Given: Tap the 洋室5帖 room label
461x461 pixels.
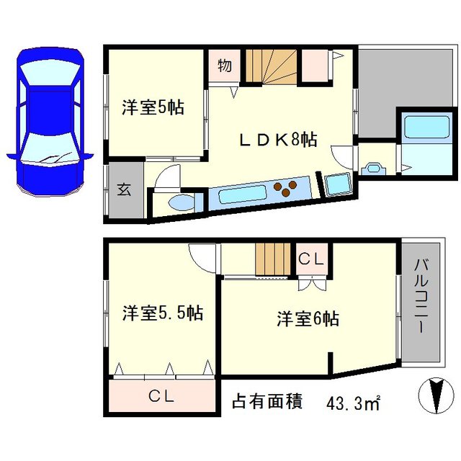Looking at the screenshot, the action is pos(153,107).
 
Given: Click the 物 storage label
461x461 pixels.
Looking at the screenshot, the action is pos(225,66).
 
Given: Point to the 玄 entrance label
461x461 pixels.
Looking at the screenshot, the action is pos(124,189).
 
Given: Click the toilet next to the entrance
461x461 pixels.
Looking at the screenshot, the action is pos(180,202).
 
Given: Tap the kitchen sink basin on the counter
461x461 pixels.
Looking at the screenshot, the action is pos(243,196).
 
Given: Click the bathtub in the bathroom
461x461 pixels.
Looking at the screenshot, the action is pos(427,126).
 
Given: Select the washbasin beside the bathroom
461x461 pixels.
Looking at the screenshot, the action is pos(374,169).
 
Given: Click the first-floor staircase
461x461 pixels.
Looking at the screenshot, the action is pos(271,66).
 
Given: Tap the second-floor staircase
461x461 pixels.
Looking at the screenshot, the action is pos(273,259).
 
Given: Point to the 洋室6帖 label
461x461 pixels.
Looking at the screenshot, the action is pos(308,318).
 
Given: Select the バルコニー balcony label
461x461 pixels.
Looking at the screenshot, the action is pos(421,296).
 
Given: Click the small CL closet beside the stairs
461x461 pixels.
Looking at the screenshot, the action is pos(311,259).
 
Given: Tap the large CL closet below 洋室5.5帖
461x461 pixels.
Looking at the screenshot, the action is pos(161,396).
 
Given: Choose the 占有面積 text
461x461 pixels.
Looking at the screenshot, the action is pos(267,401).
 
